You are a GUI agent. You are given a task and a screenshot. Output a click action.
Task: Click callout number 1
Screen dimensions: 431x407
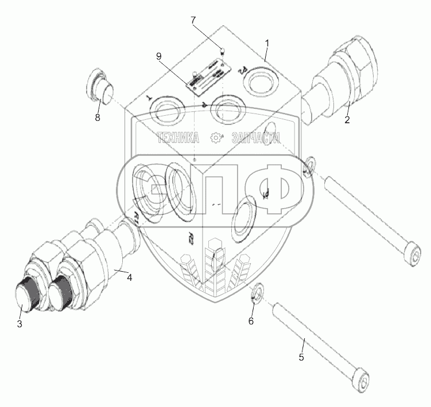coord(266,42)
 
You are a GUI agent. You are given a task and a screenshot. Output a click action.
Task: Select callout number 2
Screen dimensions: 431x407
coord(347,120)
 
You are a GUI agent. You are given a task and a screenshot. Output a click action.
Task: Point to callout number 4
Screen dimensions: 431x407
coord(130,277)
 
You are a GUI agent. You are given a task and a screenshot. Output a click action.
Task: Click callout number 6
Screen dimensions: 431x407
coord(250,321)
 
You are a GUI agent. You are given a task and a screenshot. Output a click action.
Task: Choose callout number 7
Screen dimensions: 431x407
coord(193,20)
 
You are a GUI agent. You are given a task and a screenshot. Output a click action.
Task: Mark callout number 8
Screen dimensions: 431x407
coord(97,118)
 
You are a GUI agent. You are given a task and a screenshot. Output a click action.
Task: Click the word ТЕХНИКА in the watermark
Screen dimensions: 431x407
coord(177,138)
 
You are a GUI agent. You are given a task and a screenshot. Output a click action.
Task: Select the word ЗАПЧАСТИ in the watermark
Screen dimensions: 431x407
coord(255,138)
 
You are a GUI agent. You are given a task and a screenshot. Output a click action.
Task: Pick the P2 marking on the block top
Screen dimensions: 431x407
coord(242,71)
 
